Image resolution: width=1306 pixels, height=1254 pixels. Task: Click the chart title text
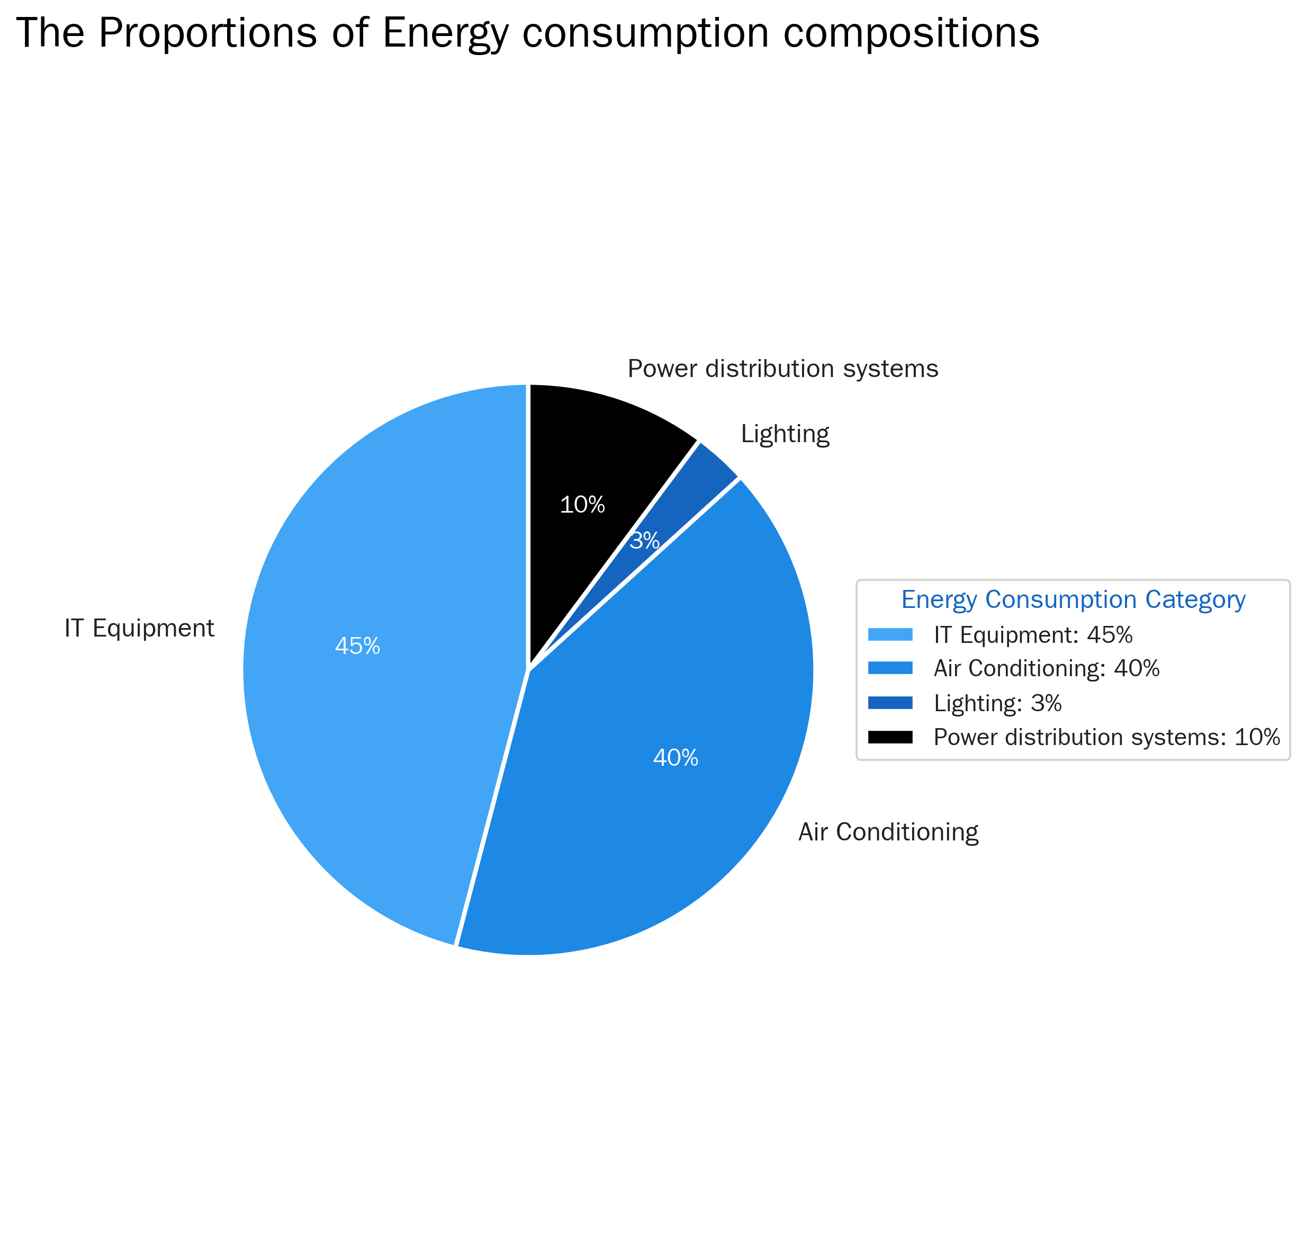pos(527,33)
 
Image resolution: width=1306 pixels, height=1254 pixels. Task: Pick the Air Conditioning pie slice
pos(666,800)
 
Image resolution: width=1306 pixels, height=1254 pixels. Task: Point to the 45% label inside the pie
pos(357,646)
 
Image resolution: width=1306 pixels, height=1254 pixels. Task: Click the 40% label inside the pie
pos(675,758)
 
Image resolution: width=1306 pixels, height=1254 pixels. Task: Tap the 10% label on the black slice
pos(582,505)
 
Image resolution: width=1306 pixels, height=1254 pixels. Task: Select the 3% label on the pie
pos(644,541)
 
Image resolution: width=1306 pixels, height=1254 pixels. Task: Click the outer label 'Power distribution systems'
pos(782,369)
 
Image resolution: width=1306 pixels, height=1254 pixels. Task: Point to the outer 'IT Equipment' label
pos(139,628)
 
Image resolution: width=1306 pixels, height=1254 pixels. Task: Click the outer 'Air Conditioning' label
pos(888,832)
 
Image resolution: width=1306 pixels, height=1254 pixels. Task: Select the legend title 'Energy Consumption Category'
pos(1073,599)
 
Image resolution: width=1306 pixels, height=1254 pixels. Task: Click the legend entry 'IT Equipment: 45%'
pos(1033,634)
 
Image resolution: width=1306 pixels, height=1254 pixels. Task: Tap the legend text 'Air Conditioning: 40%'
pos(1046,669)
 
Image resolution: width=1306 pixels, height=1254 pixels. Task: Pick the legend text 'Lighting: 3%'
pos(997,703)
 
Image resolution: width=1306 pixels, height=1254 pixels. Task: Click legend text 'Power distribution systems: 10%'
pos(1106,737)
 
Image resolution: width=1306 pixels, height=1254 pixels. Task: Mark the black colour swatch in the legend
pos(890,737)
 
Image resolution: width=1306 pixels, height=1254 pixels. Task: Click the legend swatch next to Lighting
pos(890,703)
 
